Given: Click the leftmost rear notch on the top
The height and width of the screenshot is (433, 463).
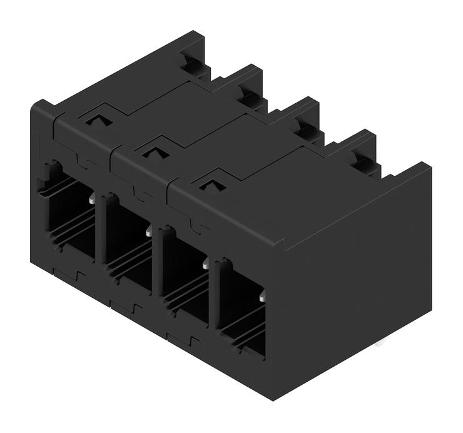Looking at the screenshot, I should [x=191, y=63].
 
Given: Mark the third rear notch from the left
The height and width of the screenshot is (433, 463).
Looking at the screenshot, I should [x=306, y=129].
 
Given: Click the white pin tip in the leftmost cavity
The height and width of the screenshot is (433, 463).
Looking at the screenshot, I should [x=93, y=200].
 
